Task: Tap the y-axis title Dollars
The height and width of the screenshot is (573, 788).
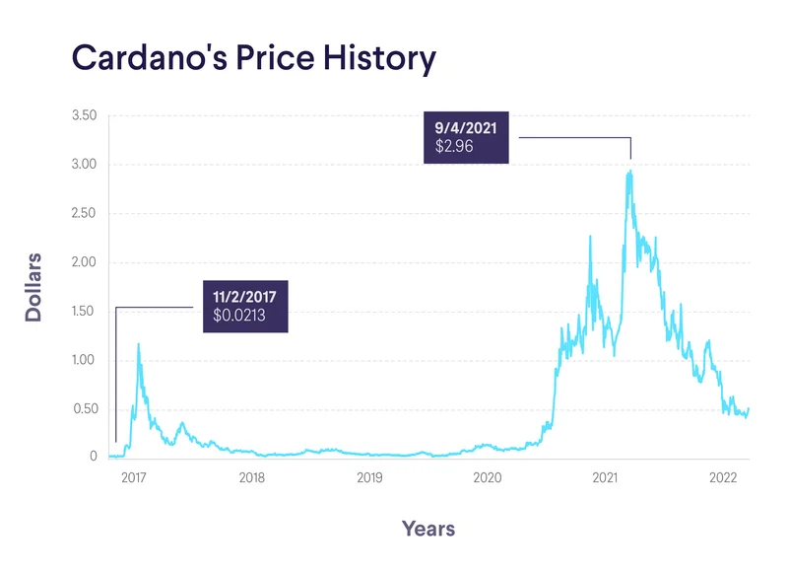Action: [33, 286]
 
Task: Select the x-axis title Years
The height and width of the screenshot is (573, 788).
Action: [428, 529]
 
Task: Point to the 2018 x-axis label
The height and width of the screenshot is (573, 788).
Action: [251, 478]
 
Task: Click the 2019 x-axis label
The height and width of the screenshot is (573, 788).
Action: [369, 478]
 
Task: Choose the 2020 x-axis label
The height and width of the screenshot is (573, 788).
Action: [488, 478]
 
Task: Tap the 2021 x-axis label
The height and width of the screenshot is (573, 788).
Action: [605, 478]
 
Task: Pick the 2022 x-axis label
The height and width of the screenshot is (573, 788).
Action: [724, 478]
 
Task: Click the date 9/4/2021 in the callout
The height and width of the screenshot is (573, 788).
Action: [468, 127]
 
